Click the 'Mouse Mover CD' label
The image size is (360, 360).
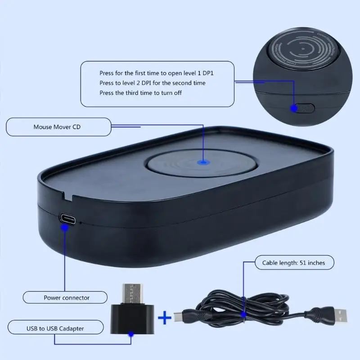(57, 127)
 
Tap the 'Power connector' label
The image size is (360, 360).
(66, 297)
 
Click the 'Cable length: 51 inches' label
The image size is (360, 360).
(290, 262)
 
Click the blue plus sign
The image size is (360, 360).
(165, 318)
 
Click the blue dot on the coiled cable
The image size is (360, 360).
(243, 315)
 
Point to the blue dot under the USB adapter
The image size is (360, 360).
(131, 334)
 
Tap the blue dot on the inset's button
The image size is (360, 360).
(294, 108)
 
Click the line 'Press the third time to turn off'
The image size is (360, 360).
(140, 93)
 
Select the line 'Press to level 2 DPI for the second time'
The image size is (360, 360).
(152, 83)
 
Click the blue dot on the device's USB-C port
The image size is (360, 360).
(65, 228)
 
